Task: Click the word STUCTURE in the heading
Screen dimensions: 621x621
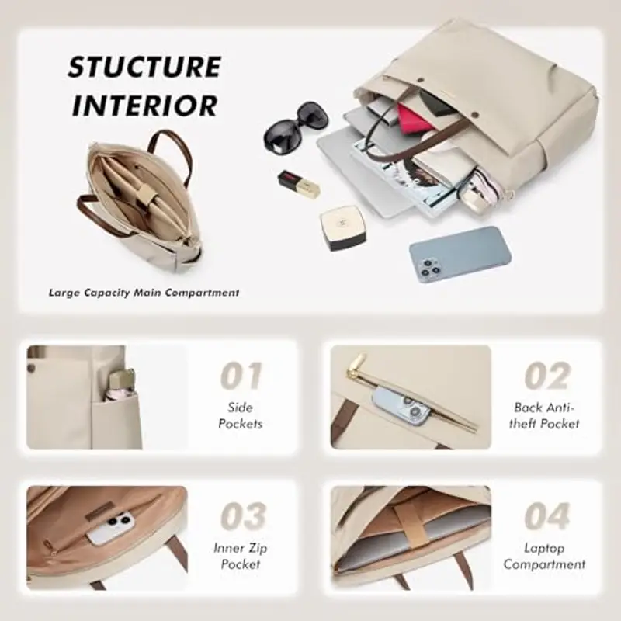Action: coord(144,67)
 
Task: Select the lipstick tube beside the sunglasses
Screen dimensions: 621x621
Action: coord(300,186)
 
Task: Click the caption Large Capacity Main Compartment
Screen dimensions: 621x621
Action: coord(144,293)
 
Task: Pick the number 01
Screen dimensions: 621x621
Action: coord(241,376)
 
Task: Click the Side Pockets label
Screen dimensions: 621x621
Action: coord(241,415)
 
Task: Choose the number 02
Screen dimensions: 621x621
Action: coord(546,376)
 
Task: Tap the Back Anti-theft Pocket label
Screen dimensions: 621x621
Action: coord(546,415)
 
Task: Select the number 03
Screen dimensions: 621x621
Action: coord(241,517)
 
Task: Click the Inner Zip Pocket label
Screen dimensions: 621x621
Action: coord(241,556)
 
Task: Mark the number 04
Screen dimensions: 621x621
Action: coord(546,517)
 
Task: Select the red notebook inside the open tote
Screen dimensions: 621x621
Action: coord(416,120)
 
